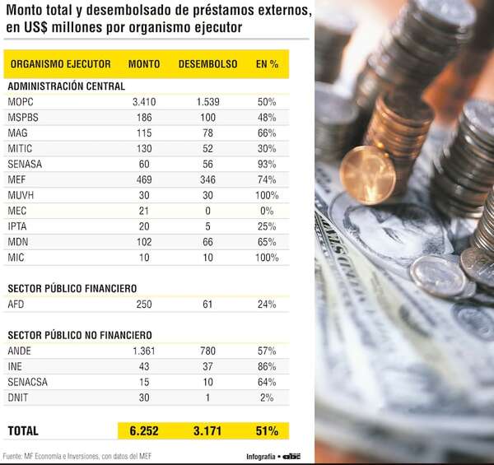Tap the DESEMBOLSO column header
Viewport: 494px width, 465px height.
207,64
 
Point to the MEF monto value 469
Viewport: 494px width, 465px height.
144,179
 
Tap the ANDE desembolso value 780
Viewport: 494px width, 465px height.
207,351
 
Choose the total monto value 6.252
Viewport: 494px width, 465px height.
144,430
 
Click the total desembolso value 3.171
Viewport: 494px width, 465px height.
207,430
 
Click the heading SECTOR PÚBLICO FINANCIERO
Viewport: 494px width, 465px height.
72,288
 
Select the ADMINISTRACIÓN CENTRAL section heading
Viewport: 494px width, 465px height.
66,86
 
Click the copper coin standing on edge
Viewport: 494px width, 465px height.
367,174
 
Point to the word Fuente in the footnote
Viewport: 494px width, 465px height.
12,456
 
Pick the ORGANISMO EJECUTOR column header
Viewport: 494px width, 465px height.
59,64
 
